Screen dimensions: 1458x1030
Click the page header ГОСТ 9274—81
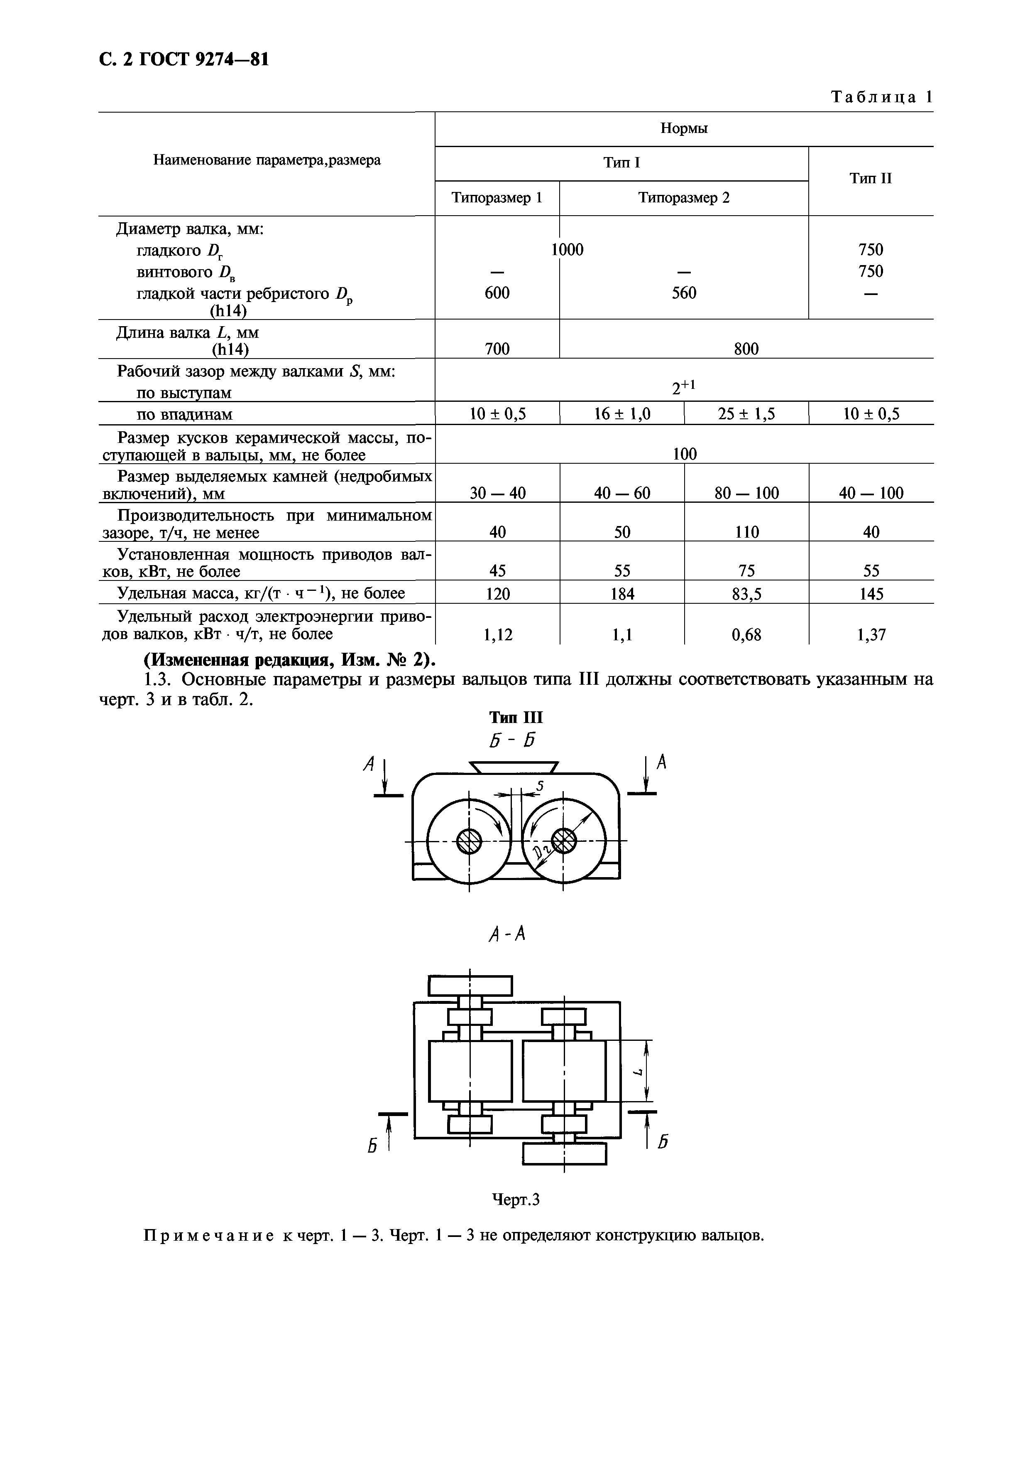click(x=184, y=60)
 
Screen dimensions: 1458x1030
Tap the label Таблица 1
click(x=881, y=97)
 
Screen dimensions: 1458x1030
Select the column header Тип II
click(x=871, y=178)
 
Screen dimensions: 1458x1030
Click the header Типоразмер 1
click(x=497, y=197)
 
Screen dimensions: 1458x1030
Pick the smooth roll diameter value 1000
click(x=567, y=250)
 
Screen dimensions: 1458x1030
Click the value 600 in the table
click(x=497, y=293)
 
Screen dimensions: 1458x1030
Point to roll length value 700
click(x=497, y=349)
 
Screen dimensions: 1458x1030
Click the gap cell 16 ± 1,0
click(x=622, y=415)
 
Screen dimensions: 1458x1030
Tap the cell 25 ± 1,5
click(x=746, y=415)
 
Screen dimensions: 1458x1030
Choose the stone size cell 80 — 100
click(x=746, y=493)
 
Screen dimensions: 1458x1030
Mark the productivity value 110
click(x=746, y=532)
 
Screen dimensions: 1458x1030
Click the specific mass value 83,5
click(x=746, y=594)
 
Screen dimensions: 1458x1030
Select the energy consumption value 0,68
click(x=746, y=634)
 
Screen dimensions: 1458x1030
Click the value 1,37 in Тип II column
click(x=871, y=634)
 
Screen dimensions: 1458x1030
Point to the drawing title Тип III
click(x=515, y=718)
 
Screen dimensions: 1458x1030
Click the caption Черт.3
click(x=515, y=1200)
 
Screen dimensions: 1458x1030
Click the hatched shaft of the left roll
click(x=469, y=842)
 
